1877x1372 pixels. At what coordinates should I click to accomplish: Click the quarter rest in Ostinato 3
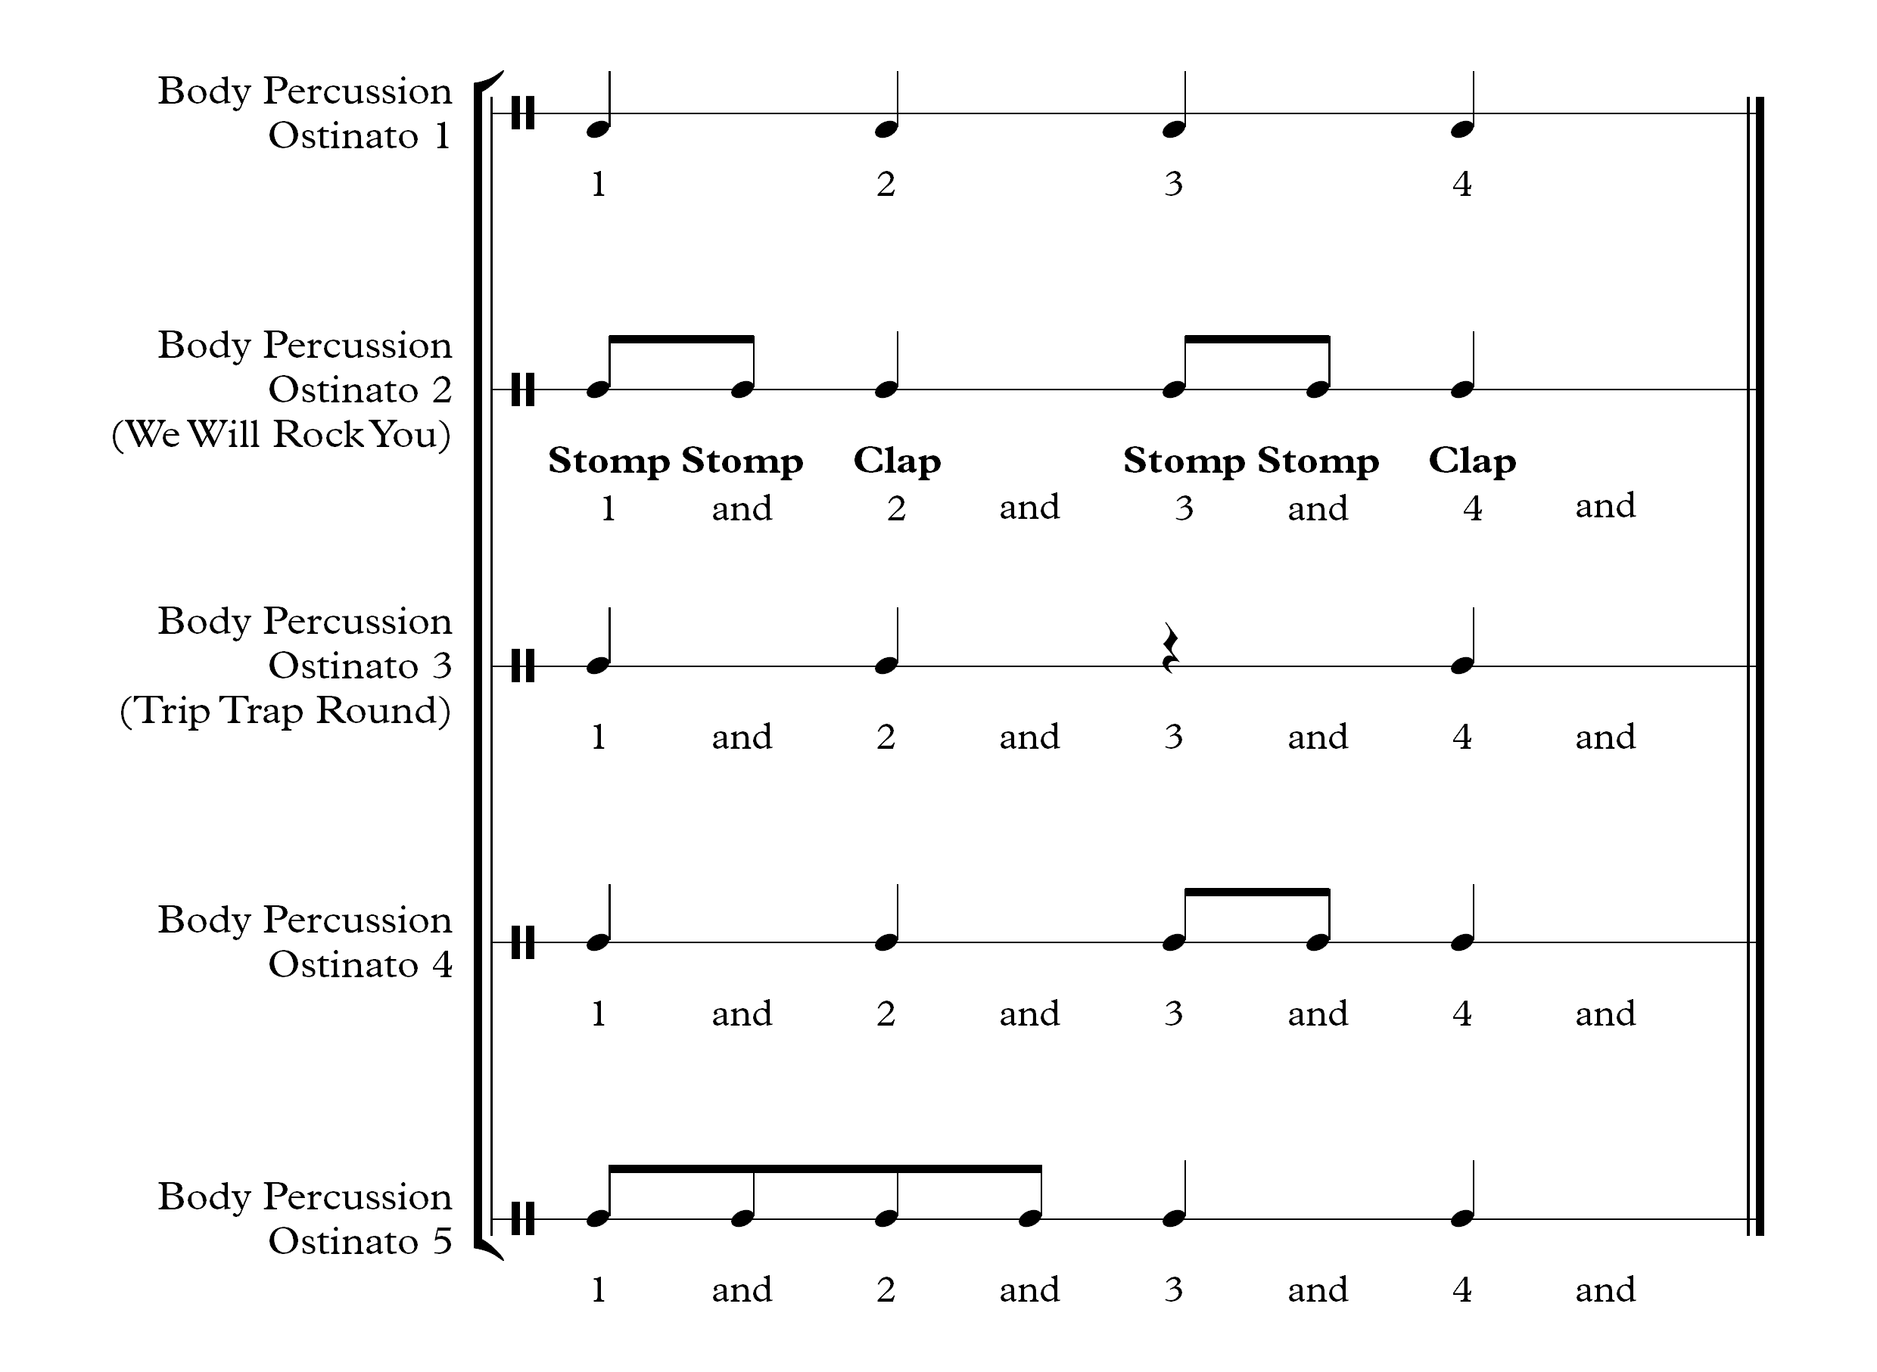(x=1172, y=647)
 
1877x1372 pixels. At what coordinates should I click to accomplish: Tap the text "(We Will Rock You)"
(x=282, y=434)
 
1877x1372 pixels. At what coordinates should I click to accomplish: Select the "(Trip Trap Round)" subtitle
(x=285, y=711)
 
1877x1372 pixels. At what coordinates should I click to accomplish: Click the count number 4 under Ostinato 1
(x=1462, y=184)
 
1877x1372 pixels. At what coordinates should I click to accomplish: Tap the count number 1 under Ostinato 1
(x=598, y=184)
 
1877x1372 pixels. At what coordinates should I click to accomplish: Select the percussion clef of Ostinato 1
(x=523, y=113)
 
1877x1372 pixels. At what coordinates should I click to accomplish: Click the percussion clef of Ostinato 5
(x=523, y=1218)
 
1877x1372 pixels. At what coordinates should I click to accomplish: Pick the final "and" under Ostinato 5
(x=1605, y=1290)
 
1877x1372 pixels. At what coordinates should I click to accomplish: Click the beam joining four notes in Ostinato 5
(x=825, y=1169)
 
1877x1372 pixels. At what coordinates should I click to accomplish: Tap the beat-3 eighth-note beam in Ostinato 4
(x=1257, y=892)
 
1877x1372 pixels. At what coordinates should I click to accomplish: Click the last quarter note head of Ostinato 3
(x=1461, y=666)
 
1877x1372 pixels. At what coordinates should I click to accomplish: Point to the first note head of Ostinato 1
(x=598, y=129)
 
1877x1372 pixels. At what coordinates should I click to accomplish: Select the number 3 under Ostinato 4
(x=1173, y=1013)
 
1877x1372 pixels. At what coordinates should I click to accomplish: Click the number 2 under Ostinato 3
(x=886, y=737)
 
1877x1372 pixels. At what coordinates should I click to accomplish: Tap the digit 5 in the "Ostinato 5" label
(x=443, y=1242)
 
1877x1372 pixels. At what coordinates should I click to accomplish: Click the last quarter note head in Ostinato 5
(x=1461, y=1218)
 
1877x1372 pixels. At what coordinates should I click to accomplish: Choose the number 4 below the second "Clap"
(x=1472, y=508)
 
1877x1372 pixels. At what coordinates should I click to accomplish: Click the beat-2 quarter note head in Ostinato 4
(x=886, y=942)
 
